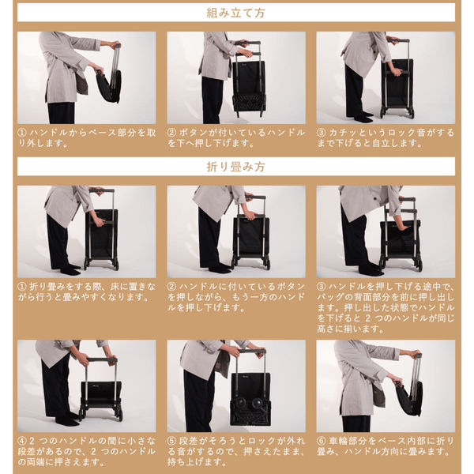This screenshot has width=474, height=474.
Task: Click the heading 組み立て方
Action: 235,13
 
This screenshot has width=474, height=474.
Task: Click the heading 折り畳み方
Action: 235,167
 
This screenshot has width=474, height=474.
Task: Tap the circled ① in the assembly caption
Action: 22,133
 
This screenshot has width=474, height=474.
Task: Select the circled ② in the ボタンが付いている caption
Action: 171,133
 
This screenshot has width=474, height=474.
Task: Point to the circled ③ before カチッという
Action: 321,133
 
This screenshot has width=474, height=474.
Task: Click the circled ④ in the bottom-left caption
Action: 22,441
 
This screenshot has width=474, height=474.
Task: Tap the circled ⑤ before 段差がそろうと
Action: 171,441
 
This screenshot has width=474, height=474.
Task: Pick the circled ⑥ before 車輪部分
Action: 321,441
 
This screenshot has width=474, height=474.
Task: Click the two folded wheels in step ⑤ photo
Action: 250,404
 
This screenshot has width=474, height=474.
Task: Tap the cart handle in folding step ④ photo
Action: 102,361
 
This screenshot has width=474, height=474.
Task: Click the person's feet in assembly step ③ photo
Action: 363,117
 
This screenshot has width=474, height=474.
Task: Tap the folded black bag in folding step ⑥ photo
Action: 409,398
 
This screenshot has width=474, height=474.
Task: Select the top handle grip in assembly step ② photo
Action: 249,43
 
